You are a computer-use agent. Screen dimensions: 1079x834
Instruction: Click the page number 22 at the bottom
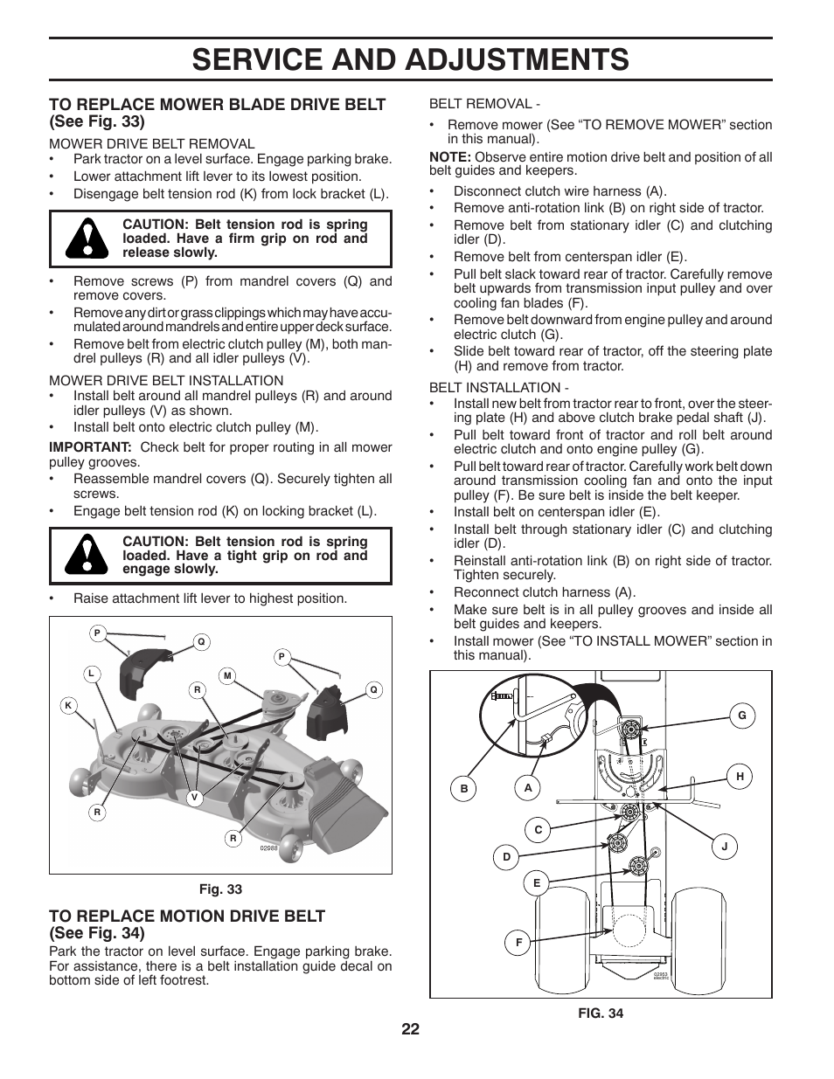click(411, 1029)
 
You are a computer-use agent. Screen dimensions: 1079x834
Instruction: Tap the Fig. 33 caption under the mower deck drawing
click(220, 889)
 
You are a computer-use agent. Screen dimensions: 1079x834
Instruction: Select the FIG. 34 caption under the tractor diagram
click(600, 1013)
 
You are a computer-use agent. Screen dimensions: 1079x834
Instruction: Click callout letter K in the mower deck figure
click(67, 706)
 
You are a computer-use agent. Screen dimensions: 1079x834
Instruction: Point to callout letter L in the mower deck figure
click(90, 674)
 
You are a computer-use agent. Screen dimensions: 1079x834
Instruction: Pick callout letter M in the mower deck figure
click(227, 675)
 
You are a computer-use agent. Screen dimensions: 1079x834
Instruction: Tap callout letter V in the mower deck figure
click(194, 797)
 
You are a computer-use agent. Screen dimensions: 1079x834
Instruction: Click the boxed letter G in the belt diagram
click(742, 716)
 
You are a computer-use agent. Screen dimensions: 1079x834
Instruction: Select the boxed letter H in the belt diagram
click(740, 777)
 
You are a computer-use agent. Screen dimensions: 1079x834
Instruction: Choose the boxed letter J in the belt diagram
click(724, 846)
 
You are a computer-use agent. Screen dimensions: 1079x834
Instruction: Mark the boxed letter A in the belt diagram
click(528, 788)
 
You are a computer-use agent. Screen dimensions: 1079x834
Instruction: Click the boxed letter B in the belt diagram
click(464, 789)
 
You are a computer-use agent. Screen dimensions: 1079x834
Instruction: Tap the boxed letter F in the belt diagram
click(518, 943)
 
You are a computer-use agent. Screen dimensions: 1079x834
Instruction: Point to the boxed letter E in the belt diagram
click(537, 884)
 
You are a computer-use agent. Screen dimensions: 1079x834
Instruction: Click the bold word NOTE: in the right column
click(450, 157)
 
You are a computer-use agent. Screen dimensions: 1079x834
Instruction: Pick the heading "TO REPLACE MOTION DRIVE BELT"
click(187, 916)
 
